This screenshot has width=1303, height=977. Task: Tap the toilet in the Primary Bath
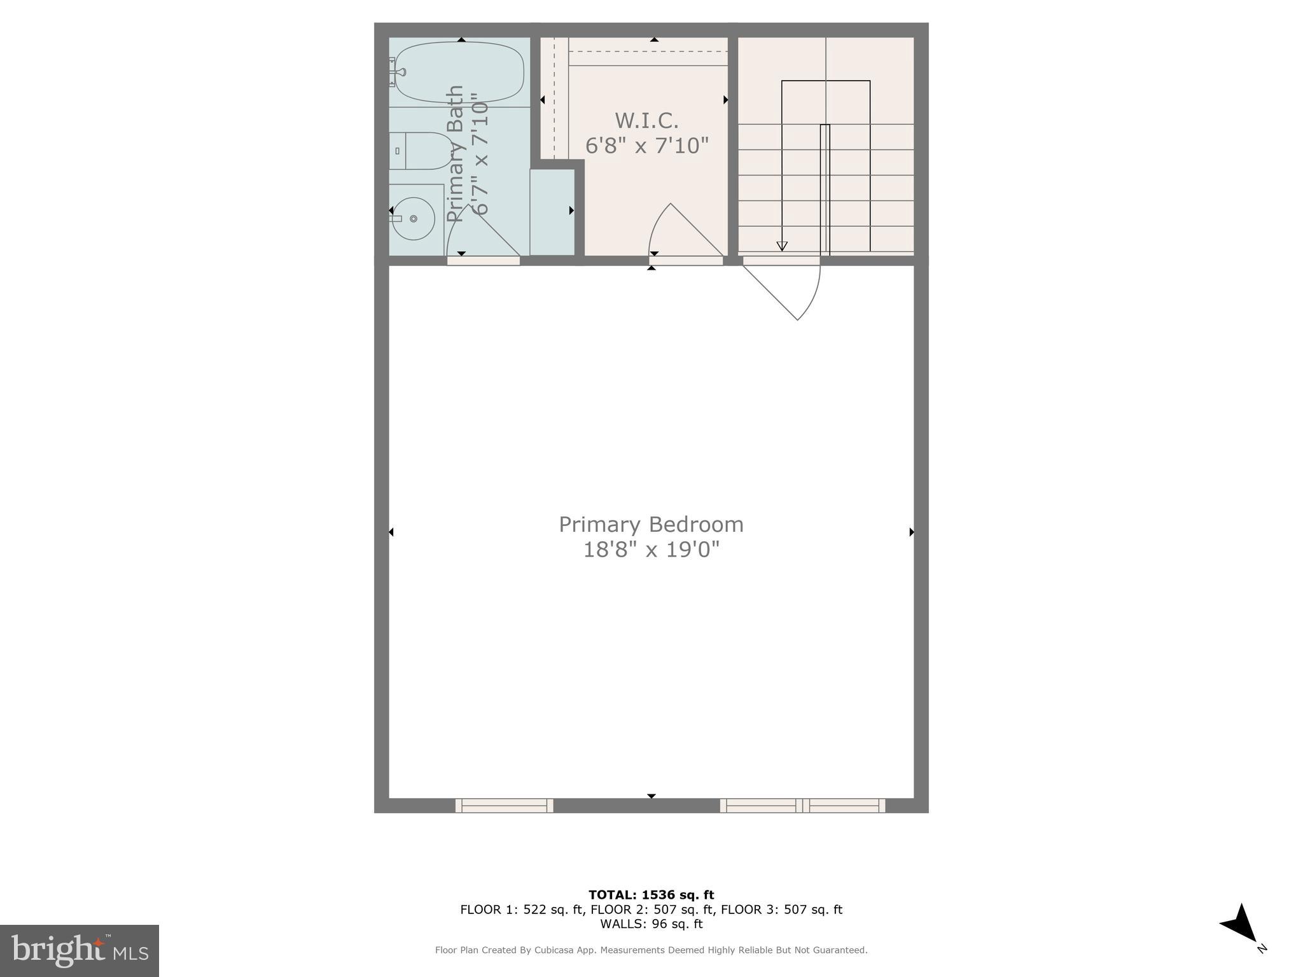click(420, 151)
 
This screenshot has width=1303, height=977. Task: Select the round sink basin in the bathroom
click(413, 219)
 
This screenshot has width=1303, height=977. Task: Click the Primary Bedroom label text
click(651, 525)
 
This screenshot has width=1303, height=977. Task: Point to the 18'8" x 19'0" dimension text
click(651, 550)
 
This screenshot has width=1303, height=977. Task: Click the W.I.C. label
click(646, 120)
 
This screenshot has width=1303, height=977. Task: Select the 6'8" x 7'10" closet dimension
click(646, 146)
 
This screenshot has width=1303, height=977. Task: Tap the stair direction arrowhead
click(782, 246)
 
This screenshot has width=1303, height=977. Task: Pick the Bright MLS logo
click(80, 950)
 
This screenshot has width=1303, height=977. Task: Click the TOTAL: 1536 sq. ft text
click(651, 895)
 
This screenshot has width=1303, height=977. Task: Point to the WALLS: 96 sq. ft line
click(651, 924)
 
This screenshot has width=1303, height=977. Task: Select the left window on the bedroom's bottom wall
click(504, 805)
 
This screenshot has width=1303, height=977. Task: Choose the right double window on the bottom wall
click(802, 805)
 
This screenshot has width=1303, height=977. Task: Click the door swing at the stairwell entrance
click(789, 289)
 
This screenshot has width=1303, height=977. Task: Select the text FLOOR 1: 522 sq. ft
click(521, 910)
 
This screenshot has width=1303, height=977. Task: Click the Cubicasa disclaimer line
click(651, 950)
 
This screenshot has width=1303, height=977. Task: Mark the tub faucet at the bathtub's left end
click(394, 71)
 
